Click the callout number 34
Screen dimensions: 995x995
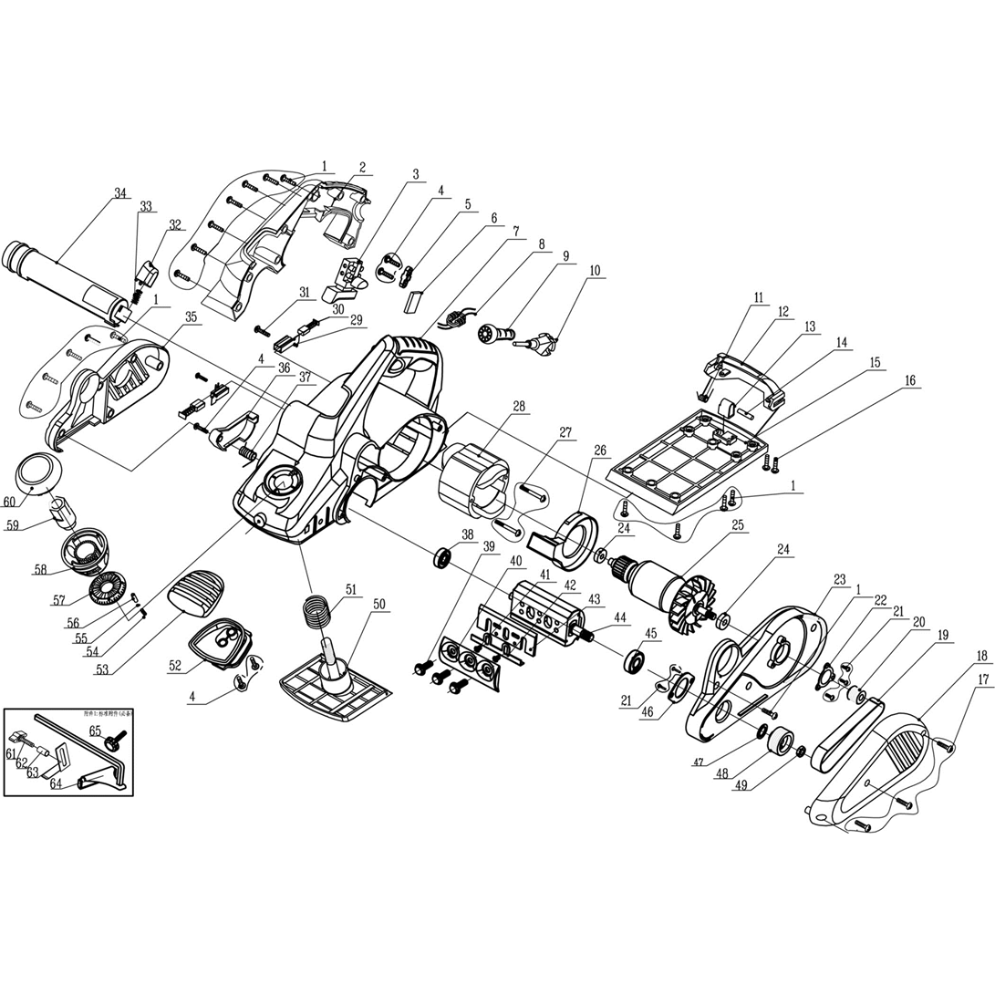[120, 193]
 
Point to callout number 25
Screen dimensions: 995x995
[737, 525]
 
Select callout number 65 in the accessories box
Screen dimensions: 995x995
[94, 731]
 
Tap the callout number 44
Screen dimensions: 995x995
[621, 618]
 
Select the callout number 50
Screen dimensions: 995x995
[379, 604]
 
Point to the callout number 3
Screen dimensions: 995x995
[415, 174]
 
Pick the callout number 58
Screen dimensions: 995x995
[40, 569]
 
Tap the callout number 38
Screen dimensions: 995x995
[468, 535]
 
